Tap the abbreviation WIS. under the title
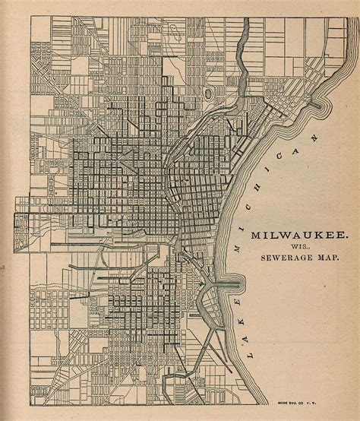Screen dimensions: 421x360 [x=289, y=248]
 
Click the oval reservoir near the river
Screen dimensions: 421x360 [x=207, y=93]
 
